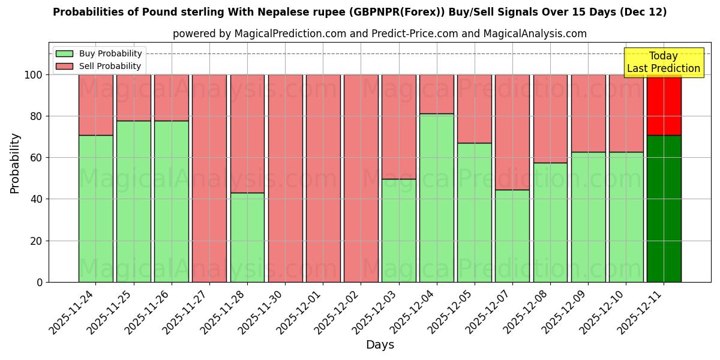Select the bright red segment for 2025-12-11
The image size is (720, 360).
pyautogui.click(x=664, y=105)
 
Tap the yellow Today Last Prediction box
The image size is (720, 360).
pyautogui.click(x=663, y=62)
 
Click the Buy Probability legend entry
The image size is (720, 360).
pyautogui.click(x=98, y=53)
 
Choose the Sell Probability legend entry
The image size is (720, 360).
pyautogui.click(x=98, y=66)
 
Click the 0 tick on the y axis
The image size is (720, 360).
pyautogui.click(x=40, y=282)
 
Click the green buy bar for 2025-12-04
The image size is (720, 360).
pyautogui.click(x=436, y=198)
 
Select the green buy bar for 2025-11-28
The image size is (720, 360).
pyautogui.click(x=247, y=237)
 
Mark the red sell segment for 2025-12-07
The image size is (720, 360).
pyautogui.click(x=512, y=132)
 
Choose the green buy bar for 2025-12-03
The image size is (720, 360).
pyautogui.click(x=398, y=230)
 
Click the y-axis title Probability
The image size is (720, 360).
pyautogui.click(x=15, y=163)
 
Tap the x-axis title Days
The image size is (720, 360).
pyautogui.click(x=380, y=344)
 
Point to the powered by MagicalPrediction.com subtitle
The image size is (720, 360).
pyautogui.click(x=379, y=34)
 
